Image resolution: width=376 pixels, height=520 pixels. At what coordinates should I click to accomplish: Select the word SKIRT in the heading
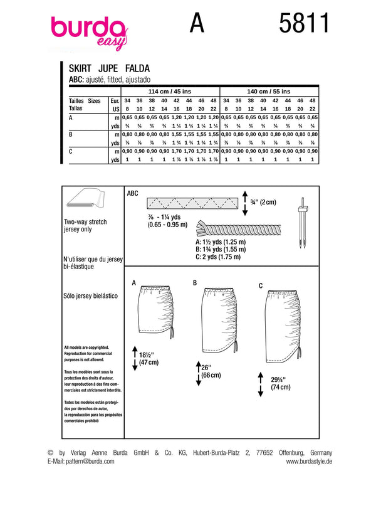(80, 70)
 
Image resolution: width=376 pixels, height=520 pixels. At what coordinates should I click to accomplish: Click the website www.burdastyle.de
(309, 461)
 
